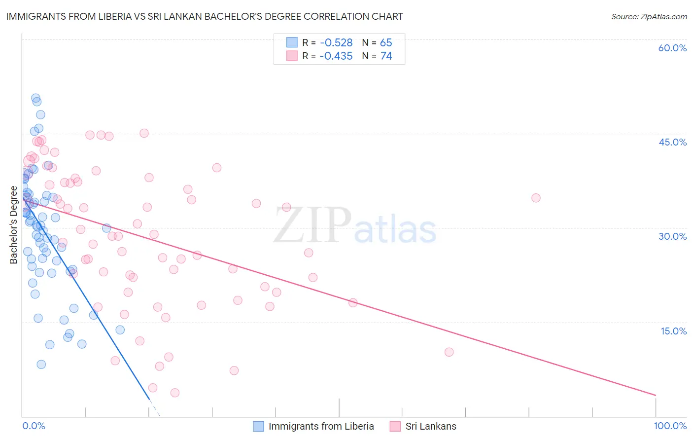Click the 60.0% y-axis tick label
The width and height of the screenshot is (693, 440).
click(672, 48)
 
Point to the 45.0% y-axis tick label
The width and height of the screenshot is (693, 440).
click(672, 142)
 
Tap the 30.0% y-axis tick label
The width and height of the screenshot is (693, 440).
click(672, 236)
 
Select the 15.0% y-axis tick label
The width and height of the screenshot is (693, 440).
click(673, 330)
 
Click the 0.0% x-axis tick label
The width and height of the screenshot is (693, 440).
click(34, 426)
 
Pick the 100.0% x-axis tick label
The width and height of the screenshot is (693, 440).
click(670, 426)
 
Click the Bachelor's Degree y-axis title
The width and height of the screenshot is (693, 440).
click(13, 225)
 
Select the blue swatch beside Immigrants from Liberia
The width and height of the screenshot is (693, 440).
click(258, 426)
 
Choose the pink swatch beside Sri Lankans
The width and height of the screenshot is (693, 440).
click(395, 426)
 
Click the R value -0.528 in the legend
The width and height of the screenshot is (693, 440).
click(336, 43)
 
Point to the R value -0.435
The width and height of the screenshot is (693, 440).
click(336, 56)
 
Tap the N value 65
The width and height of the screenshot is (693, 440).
click(386, 43)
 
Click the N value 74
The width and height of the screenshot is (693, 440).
click(386, 56)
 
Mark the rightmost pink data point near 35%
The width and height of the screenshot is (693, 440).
click(536, 198)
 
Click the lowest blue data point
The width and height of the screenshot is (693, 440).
click(41, 365)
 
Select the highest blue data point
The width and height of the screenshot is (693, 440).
click(35, 98)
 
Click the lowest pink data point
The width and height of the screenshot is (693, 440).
click(174, 393)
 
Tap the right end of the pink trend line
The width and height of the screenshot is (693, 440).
click(656, 395)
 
